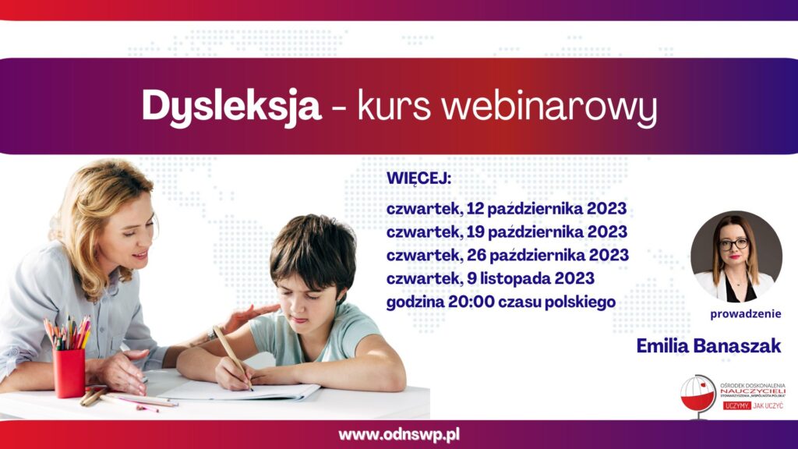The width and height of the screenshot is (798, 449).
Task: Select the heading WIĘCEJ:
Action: [x=418, y=179]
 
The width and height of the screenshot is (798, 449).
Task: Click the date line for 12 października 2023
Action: [x=507, y=209]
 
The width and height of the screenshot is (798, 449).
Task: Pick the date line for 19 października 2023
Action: [x=507, y=232]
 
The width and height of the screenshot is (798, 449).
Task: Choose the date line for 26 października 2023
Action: [x=507, y=255]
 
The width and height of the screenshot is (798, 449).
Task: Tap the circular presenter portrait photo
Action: [x=736, y=256]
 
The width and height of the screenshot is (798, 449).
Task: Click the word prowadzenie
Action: [x=746, y=314]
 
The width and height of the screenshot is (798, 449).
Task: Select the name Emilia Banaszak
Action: [x=708, y=346]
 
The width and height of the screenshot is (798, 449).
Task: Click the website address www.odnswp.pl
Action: [x=399, y=435]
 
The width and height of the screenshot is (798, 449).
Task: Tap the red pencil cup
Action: [x=69, y=373]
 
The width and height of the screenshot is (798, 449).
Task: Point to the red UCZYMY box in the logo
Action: [x=736, y=405]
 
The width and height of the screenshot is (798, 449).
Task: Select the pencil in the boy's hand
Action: [x=232, y=357]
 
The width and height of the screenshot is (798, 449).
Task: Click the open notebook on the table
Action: [x=239, y=390]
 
